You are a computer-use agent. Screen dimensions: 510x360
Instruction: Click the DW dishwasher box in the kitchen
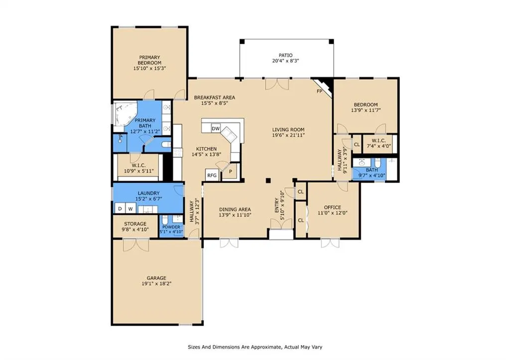click(x=216, y=128)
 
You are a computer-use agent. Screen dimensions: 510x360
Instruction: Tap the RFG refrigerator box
click(x=212, y=175)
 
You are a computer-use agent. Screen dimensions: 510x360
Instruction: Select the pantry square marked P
click(x=231, y=172)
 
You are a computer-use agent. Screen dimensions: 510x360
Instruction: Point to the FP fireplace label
click(x=319, y=92)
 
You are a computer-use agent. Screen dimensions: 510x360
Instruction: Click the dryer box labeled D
click(x=120, y=209)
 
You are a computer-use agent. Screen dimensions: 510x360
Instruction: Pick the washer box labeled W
click(x=130, y=209)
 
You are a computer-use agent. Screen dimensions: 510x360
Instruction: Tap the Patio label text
click(x=285, y=55)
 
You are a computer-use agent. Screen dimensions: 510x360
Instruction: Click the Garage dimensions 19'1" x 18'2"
click(x=156, y=284)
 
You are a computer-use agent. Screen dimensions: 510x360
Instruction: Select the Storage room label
click(x=135, y=224)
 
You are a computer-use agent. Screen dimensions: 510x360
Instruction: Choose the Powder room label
click(x=171, y=227)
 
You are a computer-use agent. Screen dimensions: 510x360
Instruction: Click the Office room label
click(x=332, y=207)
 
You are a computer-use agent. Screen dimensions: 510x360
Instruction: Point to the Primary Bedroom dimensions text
click(x=149, y=68)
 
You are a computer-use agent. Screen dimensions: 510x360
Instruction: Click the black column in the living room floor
click(x=268, y=180)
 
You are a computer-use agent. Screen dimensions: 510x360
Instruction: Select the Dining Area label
click(x=235, y=210)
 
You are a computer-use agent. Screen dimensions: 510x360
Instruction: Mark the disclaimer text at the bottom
click(x=255, y=347)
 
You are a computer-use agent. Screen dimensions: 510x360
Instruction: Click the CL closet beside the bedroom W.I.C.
click(x=357, y=144)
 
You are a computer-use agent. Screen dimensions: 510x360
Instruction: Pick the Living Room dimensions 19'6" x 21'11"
click(x=288, y=135)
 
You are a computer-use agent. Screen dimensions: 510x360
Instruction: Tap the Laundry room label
click(x=148, y=193)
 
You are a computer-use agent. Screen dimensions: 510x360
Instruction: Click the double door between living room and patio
click(x=277, y=84)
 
